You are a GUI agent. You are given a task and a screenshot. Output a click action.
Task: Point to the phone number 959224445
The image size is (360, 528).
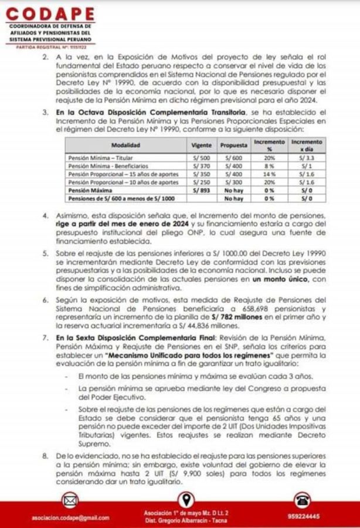coord(304,517)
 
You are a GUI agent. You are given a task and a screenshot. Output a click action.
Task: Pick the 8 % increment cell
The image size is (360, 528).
coord(270,166)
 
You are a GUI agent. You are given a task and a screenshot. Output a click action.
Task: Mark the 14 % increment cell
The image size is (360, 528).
coord(270,174)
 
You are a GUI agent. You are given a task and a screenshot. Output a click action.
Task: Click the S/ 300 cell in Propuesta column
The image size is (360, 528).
coord(233,182)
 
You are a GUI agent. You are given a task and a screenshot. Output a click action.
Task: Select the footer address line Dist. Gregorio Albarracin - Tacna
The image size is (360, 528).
coord(186,520)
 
